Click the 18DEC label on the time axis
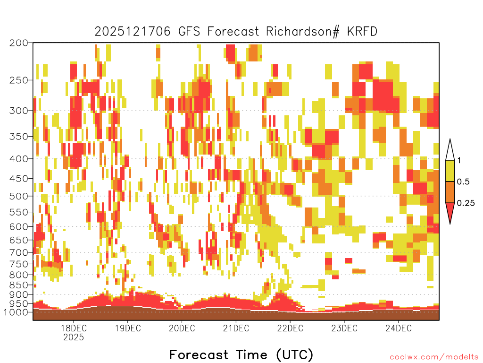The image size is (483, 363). pos(74,328)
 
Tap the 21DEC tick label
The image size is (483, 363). pos(236,328)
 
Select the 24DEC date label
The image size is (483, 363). pos(398,328)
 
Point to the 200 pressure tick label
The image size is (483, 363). pos(18,43)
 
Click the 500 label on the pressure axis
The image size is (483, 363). pos(18,196)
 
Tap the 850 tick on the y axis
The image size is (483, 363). pos(18,285)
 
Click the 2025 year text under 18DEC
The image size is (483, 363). pos(74,337)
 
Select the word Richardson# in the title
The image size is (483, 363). pos(303,32)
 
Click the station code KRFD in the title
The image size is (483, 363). pos(362,32)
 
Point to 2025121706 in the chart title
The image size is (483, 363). pos(133,32)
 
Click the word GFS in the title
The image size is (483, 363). pos(189,32)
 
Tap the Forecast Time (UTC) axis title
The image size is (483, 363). pos(241,354)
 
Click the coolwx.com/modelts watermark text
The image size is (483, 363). pos(434,357)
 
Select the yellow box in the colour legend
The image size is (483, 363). pos(450,171)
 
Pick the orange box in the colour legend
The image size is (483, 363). pos(450,192)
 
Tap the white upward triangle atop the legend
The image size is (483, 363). pos(450,150)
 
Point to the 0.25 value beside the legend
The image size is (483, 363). pos(466,203)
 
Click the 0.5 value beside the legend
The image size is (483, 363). pos(463,181)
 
